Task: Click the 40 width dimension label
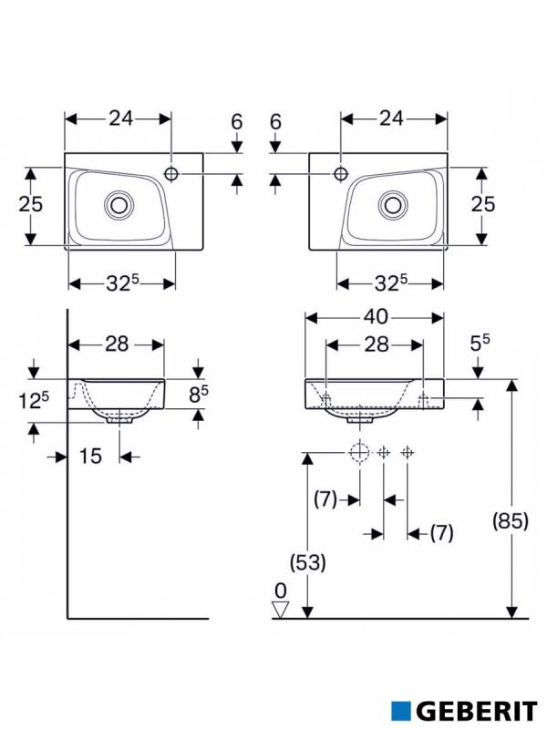click(376, 317)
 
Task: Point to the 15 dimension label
click(89, 456)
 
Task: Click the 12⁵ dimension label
click(33, 398)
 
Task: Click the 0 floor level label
click(280, 589)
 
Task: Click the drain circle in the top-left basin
click(119, 203)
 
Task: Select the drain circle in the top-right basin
click(394, 203)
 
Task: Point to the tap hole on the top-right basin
click(340, 172)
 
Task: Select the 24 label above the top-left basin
click(120, 118)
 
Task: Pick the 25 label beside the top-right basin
click(482, 204)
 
